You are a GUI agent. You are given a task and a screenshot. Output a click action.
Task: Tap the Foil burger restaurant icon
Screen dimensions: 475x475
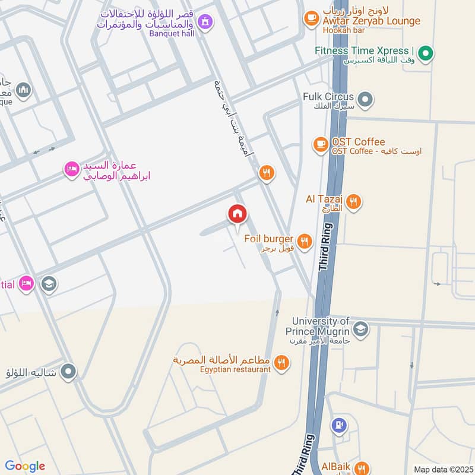click(305, 240)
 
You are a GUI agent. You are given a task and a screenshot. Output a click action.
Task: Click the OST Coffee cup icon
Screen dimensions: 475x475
click(321, 144)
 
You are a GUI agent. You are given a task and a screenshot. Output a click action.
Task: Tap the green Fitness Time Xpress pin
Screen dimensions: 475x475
click(425, 54)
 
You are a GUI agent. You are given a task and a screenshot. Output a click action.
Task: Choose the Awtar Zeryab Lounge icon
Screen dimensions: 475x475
click(311, 18)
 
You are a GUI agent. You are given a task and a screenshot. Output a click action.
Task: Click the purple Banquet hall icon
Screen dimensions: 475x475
click(205, 22)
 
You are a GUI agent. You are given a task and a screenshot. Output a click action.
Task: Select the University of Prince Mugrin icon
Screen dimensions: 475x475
click(360, 328)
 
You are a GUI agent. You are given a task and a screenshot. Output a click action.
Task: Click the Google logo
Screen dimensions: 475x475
click(25, 466)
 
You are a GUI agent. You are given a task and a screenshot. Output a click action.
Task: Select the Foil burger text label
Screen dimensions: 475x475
click(272, 239)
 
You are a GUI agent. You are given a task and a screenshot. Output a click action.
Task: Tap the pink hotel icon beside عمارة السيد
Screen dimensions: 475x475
click(71, 169)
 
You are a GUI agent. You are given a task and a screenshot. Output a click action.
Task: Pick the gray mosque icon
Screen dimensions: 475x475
click(24, 90)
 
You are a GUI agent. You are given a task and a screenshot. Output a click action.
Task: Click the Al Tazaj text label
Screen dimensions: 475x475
click(324, 199)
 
